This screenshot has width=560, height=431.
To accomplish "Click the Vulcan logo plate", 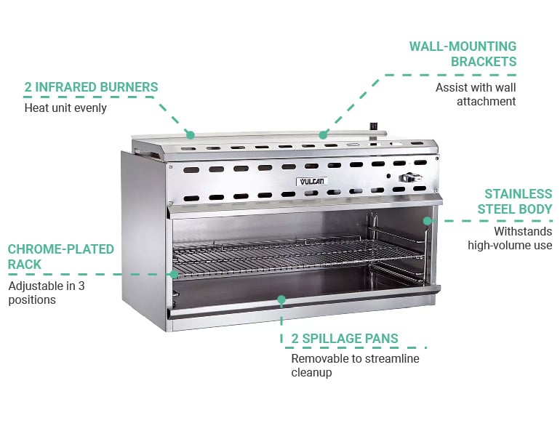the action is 311,181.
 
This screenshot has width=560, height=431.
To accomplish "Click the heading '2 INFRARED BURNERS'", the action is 91,87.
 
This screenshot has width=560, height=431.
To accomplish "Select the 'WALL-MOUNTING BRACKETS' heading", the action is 463,54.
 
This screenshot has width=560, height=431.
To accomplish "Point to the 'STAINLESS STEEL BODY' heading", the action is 515,201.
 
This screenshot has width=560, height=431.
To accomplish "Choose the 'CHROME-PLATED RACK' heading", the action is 60,257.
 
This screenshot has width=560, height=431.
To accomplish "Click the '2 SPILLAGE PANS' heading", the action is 345,338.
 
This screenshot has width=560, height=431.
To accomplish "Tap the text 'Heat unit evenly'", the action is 65,108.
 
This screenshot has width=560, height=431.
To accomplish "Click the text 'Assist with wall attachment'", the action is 476,94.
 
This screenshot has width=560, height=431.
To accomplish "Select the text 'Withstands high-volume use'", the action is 510,238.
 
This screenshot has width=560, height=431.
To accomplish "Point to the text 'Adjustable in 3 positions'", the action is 47,293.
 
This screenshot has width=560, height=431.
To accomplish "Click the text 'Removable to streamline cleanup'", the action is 356,365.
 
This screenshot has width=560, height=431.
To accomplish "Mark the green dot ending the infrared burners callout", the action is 191,135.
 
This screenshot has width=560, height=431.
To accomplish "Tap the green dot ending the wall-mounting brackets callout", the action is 323,135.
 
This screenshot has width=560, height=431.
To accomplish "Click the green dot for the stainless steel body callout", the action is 428,221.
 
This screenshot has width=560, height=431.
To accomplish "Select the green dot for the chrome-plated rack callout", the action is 174,274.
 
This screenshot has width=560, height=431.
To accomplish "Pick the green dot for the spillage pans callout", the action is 281,299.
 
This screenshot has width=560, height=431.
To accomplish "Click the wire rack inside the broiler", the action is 298,255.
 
